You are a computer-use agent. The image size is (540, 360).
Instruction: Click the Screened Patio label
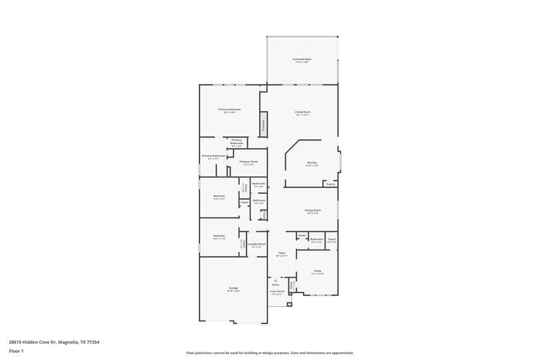pyautogui.click(x=302, y=59)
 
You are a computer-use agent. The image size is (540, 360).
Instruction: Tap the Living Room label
pyautogui.click(x=302, y=113)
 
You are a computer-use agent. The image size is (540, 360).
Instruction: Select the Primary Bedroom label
pyautogui.click(x=229, y=110)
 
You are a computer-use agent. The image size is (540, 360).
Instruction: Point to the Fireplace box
pyautogui.click(x=262, y=124)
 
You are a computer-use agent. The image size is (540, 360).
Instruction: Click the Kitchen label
pyautogui.click(x=312, y=163)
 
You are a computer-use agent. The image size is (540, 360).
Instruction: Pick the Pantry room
pyautogui.click(x=330, y=184)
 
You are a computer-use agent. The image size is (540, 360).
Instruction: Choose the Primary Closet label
pyautogui.click(x=248, y=163)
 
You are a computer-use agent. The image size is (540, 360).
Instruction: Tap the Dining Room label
pyautogui.click(x=312, y=210)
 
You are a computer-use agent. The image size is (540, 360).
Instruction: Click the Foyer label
pyautogui.click(x=282, y=253)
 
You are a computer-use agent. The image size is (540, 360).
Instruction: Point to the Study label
pyautogui.click(x=317, y=271)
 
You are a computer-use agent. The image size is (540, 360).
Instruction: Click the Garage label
pyautogui.click(x=233, y=289)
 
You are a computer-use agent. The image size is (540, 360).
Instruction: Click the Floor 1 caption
pyautogui.click(x=17, y=351)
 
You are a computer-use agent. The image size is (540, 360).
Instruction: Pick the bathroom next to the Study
pyautogui.click(x=316, y=241)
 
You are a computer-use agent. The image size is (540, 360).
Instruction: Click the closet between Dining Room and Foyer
pyautogui.click(x=302, y=235)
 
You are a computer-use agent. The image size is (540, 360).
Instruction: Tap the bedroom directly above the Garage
pyautogui.click(x=219, y=236)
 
